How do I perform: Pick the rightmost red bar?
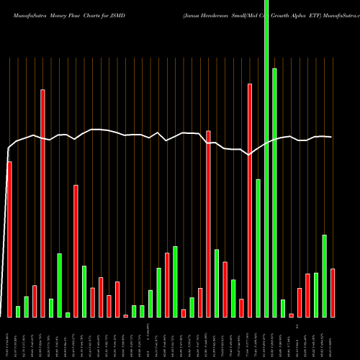(333, 292)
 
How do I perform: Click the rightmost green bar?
(324, 276)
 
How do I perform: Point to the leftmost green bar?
(18, 311)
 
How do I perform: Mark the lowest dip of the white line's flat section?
(249, 155)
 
